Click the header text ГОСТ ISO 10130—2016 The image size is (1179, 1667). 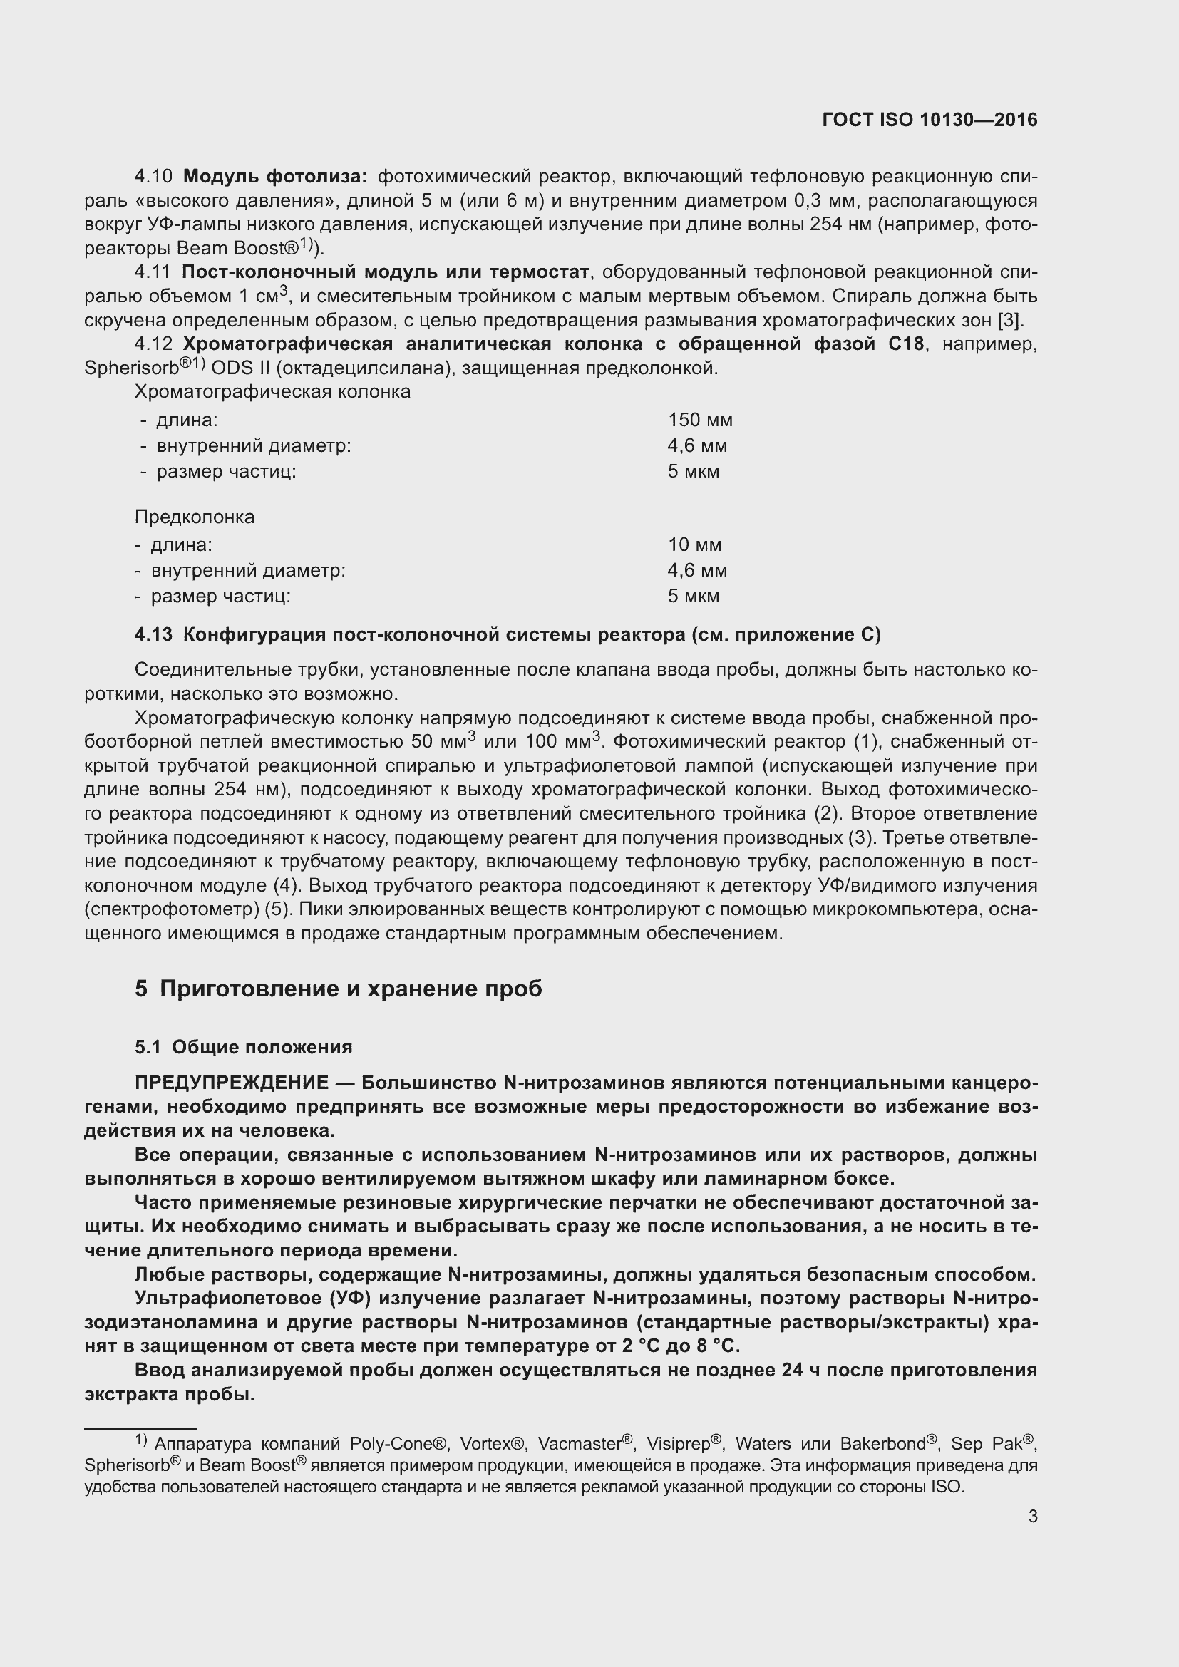click(x=930, y=120)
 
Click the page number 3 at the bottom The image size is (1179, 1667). click(x=1032, y=1517)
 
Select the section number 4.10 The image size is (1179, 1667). click(x=153, y=177)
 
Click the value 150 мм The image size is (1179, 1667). click(x=700, y=420)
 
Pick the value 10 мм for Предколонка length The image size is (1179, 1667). click(x=694, y=545)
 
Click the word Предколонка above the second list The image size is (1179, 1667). click(x=195, y=517)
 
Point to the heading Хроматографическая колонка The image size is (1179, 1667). click(x=272, y=392)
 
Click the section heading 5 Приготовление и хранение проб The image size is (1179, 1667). click(x=339, y=989)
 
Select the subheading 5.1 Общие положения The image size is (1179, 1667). click(x=243, y=1047)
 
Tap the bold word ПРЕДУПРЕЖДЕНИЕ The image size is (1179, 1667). click(x=232, y=1083)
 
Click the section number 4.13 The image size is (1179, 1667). click(x=153, y=634)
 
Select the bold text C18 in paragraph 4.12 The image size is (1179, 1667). click(x=906, y=344)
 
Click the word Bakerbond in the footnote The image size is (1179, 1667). click(x=882, y=1443)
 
